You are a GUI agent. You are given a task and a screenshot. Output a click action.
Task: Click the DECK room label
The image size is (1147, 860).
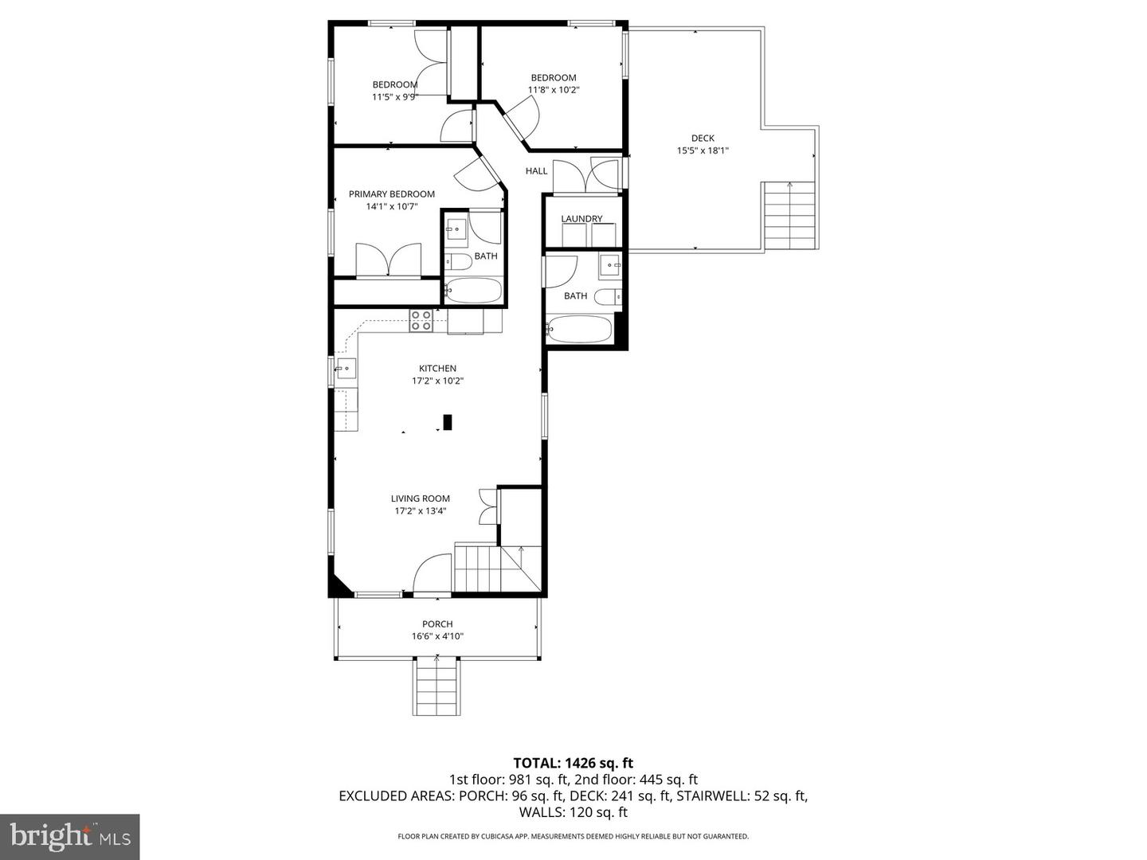point(703,138)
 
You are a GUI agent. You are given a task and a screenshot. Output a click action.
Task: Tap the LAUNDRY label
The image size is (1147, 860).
point(581,219)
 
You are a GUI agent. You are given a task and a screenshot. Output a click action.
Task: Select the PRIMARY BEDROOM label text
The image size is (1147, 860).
point(391,194)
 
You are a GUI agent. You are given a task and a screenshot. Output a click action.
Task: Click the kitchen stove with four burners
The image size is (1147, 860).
point(421,321)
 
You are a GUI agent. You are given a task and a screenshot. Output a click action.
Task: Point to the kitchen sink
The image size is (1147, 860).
point(346,368)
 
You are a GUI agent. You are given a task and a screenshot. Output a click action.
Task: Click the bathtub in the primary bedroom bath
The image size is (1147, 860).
point(473,290)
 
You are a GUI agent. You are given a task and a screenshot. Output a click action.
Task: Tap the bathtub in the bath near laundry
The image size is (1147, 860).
point(579,329)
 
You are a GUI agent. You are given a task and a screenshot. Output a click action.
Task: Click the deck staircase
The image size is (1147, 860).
point(789,216)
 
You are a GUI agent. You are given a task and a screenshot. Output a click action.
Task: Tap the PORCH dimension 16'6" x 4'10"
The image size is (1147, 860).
point(437,636)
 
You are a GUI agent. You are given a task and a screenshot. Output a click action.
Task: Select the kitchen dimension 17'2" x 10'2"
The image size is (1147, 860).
point(437,381)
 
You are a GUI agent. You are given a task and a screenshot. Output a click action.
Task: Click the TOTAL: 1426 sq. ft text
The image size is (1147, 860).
point(573,763)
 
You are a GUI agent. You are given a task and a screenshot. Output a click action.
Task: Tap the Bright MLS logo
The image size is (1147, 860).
point(69,836)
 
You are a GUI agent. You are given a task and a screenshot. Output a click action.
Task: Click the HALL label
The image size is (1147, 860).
point(536,171)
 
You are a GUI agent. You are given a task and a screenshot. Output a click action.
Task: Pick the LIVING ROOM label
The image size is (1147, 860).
point(420,498)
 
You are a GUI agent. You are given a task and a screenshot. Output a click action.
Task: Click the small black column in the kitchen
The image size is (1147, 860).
point(448,422)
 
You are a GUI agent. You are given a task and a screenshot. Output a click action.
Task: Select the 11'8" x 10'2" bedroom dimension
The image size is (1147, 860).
point(554,90)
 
